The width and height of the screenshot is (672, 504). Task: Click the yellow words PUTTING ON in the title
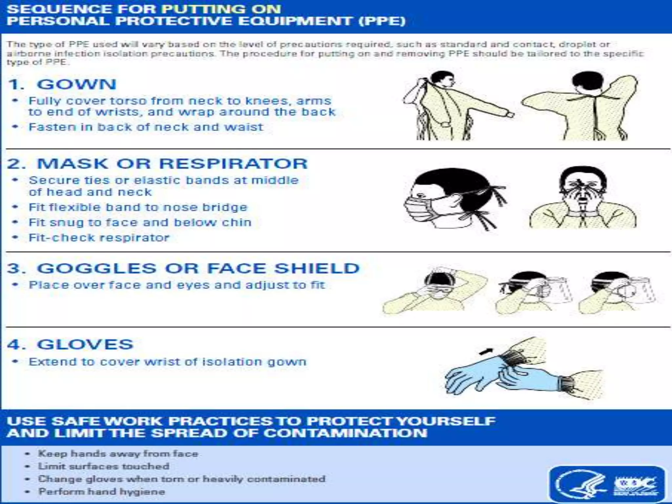[x=221, y=9]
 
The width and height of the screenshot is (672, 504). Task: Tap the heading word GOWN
[x=76, y=84]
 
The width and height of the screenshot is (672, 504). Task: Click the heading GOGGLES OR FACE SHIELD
[x=198, y=268]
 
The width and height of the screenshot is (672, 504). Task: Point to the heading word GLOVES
[x=85, y=345]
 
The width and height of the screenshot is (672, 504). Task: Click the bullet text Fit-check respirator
[x=99, y=238]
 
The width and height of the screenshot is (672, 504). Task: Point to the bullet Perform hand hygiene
[x=101, y=492]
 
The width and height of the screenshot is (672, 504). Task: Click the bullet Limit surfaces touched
[x=103, y=466]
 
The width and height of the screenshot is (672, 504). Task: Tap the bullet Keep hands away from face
[x=118, y=453]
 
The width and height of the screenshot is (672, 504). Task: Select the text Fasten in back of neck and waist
[x=146, y=127]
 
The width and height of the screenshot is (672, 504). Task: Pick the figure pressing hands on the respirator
[x=582, y=199]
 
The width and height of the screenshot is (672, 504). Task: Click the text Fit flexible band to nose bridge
[x=138, y=207]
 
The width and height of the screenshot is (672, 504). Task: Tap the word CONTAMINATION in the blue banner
[x=345, y=433]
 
